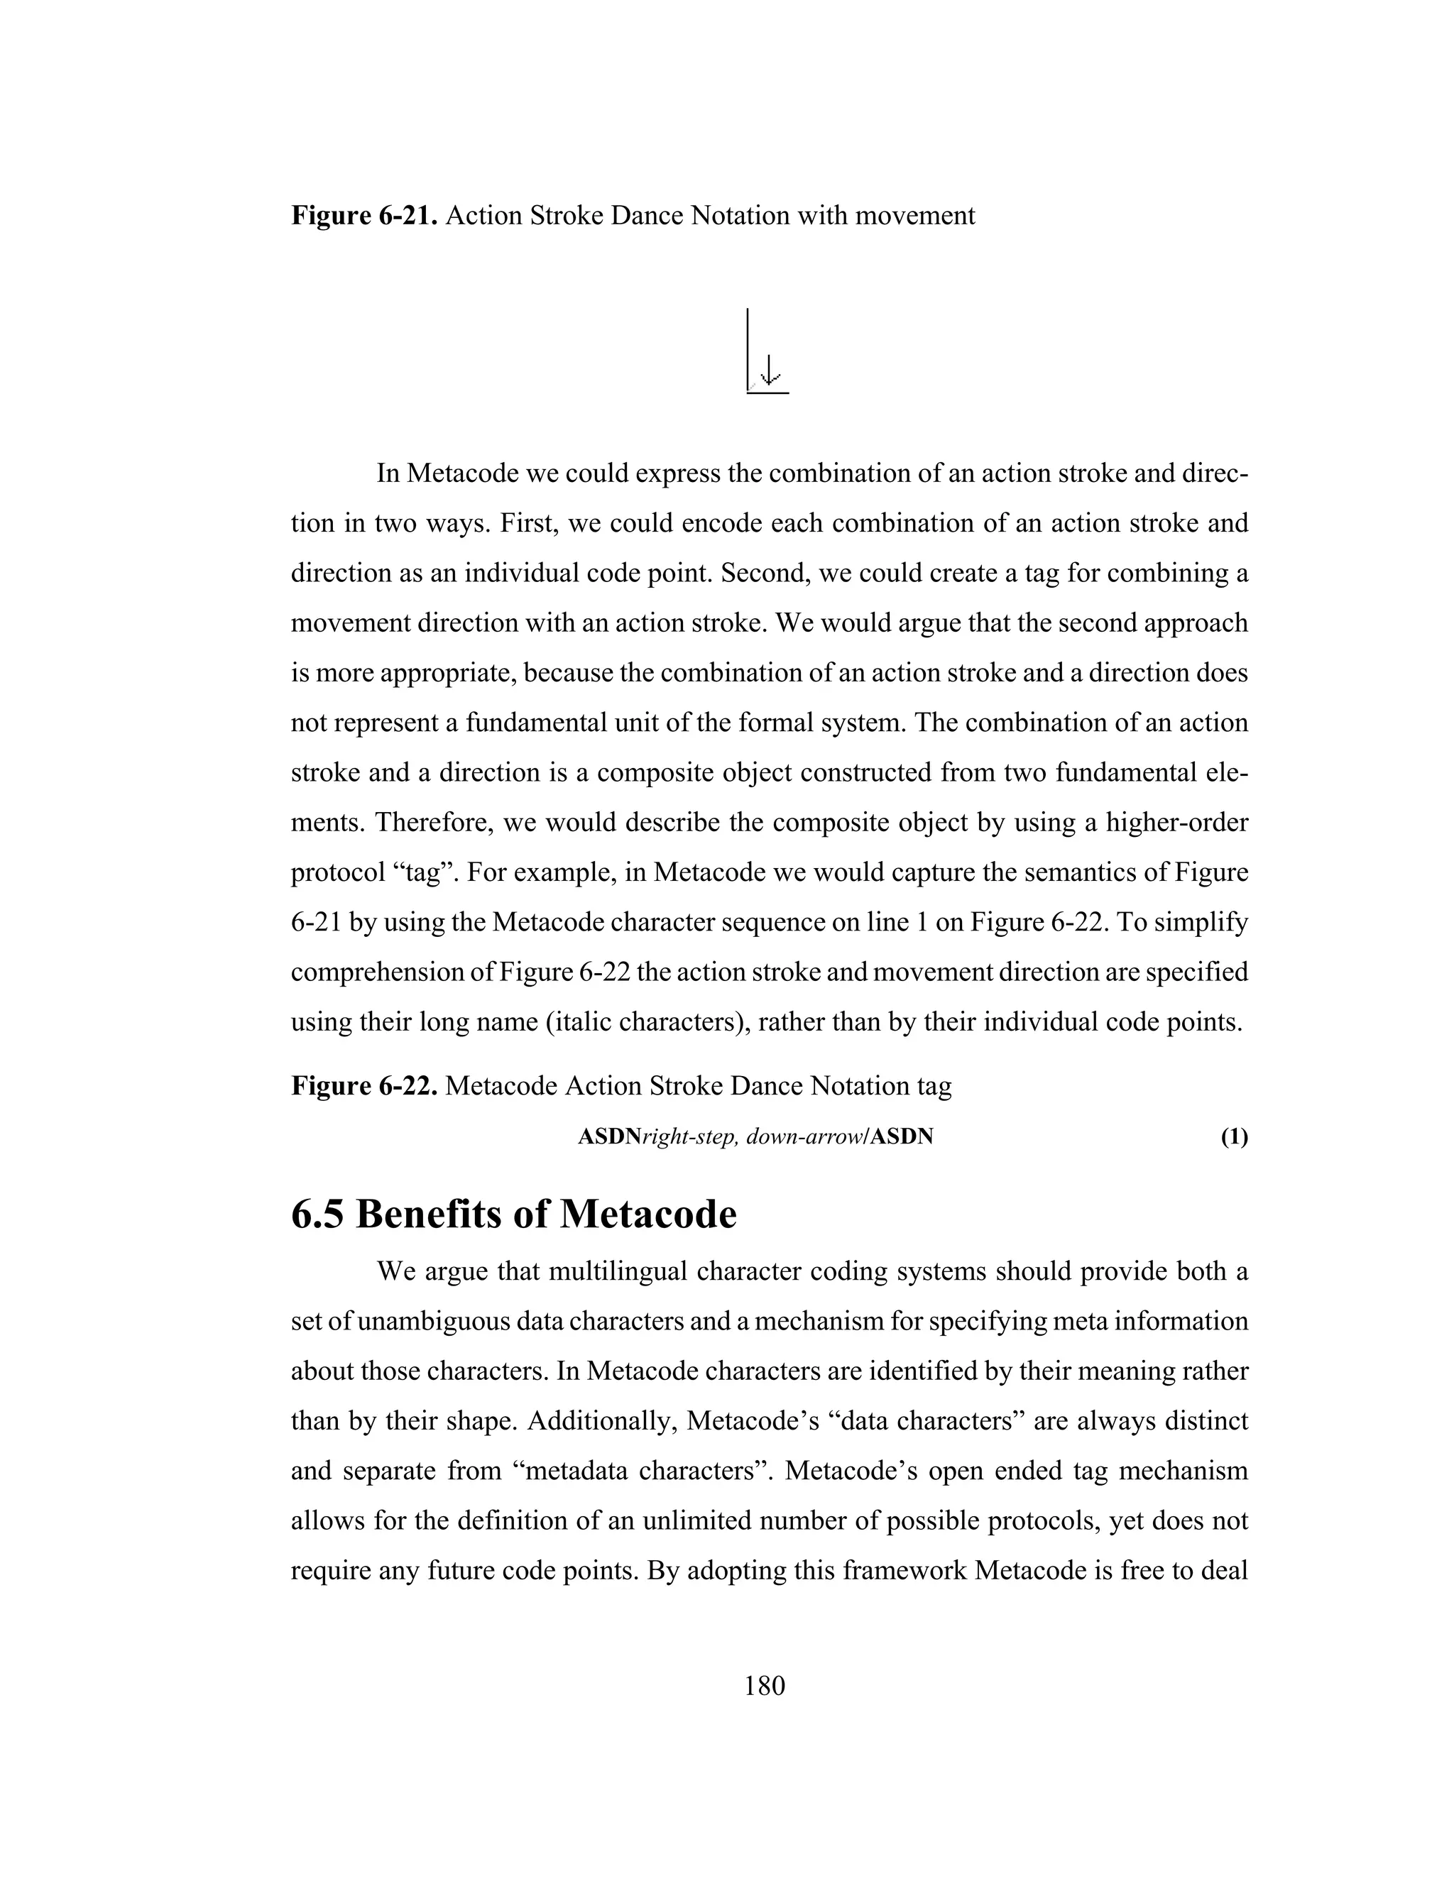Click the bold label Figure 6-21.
click(x=365, y=215)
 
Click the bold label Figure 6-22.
click(x=365, y=1086)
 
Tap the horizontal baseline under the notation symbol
click(x=767, y=394)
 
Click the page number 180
click(x=764, y=1686)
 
